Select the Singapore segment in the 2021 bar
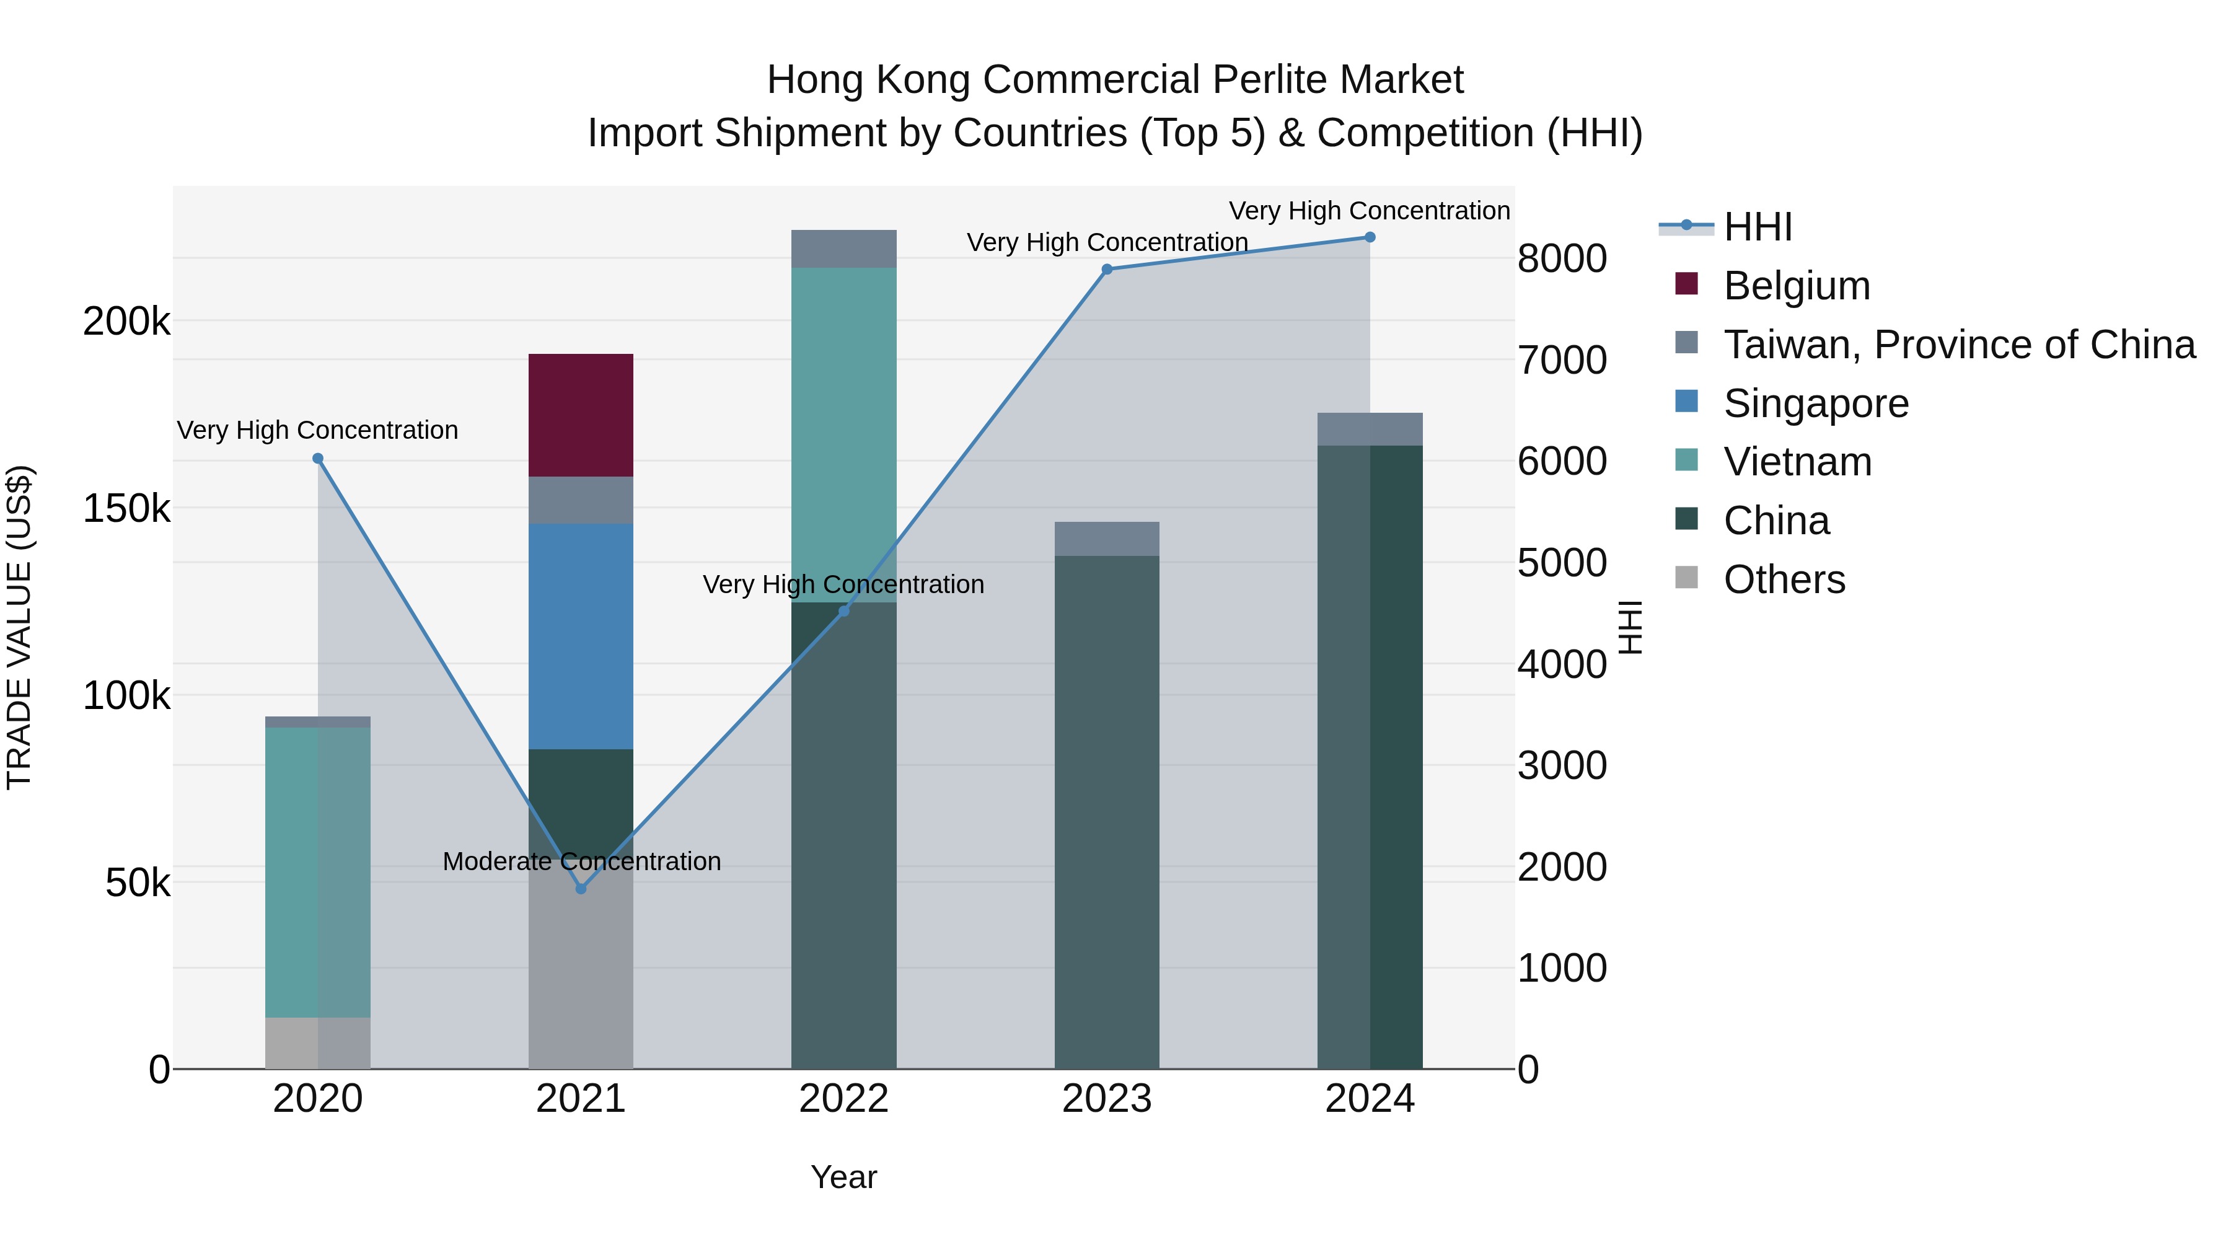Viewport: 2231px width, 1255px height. click(580, 636)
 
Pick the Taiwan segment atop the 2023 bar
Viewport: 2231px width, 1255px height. click(1106, 539)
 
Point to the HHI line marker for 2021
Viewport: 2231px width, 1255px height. click(581, 889)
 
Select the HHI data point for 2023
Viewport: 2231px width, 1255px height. click(1107, 270)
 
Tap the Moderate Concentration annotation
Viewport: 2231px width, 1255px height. click(581, 862)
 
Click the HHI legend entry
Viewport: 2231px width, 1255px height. click(1758, 227)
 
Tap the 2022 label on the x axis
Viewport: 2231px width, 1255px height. click(843, 1099)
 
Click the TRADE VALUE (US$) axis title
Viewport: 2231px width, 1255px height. click(19, 627)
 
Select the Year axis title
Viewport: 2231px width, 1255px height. click(843, 1177)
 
